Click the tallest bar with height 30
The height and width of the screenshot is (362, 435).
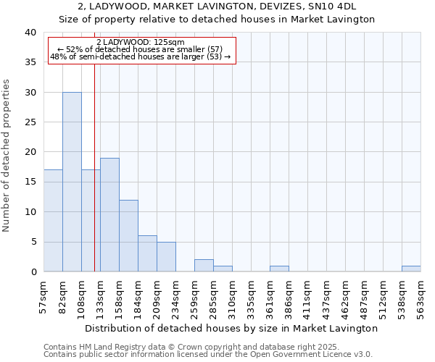pyautogui.click(x=72, y=182)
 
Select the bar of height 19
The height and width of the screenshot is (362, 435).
pyautogui.click(x=109, y=214)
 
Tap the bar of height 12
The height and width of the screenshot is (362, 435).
pyautogui.click(x=128, y=235)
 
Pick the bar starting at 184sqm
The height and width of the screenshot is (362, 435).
pyautogui.click(x=147, y=253)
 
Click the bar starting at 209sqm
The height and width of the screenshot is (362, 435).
pyautogui.click(x=166, y=256)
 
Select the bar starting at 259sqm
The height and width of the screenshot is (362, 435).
pyautogui.click(x=204, y=265)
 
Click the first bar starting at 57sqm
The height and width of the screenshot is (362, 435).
pyautogui.click(x=53, y=220)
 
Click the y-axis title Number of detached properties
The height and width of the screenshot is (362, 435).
pyautogui.click(x=8, y=152)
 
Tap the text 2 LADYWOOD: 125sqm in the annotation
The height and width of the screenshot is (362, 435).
pyautogui.click(x=141, y=43)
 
